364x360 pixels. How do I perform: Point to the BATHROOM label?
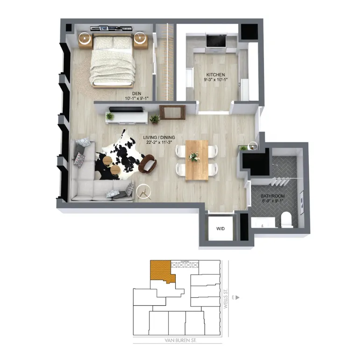click(273, 197)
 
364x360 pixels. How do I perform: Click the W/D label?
click(221, 229)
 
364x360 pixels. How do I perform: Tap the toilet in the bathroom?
click(287, 219)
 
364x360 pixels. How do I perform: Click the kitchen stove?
click(215, 42)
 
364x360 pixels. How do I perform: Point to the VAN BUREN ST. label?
click(177, 340)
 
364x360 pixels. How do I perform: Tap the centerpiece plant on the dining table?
click(194, 156)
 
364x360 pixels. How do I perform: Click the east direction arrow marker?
click(237, 296)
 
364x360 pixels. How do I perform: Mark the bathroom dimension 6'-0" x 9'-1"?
click(273, 202)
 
